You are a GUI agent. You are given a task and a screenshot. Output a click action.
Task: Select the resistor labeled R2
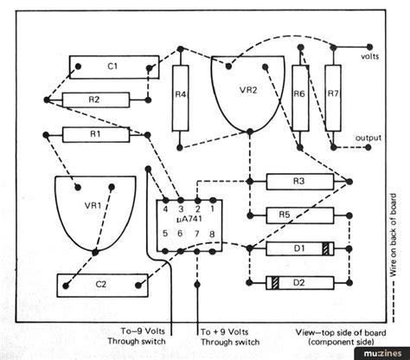tap(96, 100)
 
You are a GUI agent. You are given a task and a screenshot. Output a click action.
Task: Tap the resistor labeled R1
tap(96, 135)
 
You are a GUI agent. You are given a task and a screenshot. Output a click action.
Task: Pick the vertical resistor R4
tap(181, 98)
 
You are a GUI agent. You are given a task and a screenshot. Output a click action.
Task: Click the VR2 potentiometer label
tap(248, 90)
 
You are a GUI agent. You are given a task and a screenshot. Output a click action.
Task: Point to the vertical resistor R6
tap(300, 98)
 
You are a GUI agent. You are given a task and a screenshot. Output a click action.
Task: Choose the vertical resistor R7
tap(333, 98)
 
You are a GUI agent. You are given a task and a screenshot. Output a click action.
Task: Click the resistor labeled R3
tap(300, 182)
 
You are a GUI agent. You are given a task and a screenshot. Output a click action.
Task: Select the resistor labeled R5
tap(300, 215)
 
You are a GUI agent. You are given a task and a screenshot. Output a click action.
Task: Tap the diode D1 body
tap(300, 248)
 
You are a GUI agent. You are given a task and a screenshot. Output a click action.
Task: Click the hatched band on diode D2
tap(275, 283)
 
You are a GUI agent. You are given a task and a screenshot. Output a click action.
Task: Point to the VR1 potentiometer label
tap(93, 206)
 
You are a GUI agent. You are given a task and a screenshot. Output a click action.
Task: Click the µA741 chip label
tap(189, 219)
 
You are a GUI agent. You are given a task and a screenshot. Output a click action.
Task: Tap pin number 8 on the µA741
tap(212, 234)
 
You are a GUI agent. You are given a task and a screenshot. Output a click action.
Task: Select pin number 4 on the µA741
tap(165, 209)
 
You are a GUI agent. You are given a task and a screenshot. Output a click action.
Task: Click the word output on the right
tap(368, 138)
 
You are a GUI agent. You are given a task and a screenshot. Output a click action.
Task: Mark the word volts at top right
tap(370, 56)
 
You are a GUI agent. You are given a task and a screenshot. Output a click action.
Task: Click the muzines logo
tap(382, 353)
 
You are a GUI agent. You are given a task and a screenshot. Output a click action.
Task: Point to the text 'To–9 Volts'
tap(143, 331)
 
